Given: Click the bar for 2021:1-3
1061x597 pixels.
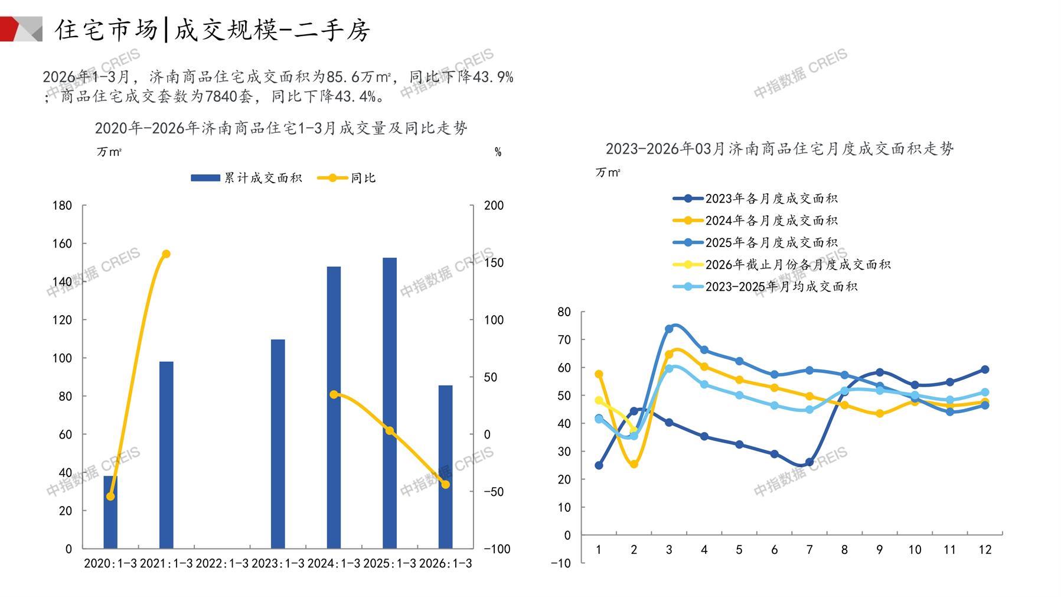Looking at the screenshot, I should [167, 455].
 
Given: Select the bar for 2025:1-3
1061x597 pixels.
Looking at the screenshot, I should [390, 403].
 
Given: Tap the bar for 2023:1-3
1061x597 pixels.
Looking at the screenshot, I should [278, 443].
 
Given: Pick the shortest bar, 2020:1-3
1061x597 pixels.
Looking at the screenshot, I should [110, 512].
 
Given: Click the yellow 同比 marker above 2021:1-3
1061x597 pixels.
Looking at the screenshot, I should [167, 254].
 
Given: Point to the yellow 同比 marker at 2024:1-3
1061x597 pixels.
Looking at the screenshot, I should [334, 394].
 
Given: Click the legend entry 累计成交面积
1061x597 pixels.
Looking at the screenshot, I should [246, 178].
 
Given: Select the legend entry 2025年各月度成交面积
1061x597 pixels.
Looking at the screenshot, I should [771, 242].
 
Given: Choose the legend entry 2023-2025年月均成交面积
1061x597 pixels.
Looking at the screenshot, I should [781, 287].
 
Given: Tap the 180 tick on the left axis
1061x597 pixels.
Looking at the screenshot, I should [62, 206].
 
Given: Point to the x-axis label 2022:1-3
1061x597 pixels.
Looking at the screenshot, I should [222, 563].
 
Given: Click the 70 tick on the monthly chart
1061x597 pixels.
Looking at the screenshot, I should [564, 340].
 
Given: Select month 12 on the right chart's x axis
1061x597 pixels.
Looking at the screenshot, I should [985, 550].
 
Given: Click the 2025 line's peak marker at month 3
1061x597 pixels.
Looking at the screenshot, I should [669, 329].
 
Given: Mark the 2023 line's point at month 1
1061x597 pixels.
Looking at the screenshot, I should [599, 466].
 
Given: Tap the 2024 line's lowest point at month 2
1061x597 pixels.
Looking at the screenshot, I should [634, 465].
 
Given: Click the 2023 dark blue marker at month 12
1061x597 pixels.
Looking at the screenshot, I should [985, 369].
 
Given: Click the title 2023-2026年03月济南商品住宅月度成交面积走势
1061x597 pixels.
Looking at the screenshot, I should [779, 149].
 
